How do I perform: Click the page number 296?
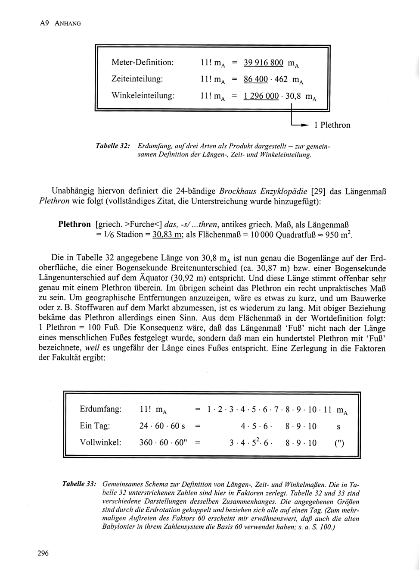click(x=43, y=553)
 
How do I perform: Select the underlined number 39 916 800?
click(x=264, y=63)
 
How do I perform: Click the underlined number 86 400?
click(x=256, y=79)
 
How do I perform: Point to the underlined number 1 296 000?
click(x=261, y=96)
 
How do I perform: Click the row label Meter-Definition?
click(x=143, y=62)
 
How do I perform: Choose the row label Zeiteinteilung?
click(x=137, y=79)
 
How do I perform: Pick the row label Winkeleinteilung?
click(x=143, y=95)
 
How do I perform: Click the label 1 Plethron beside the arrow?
click(x=332, y=125)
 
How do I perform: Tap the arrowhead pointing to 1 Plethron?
click(x=305, y=125)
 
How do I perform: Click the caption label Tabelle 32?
click(x=113, y=146)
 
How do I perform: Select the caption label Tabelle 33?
click(x=79, y=484)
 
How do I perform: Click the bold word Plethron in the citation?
click(x=74, y=224)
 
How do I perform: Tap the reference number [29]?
click(x=318, y=191)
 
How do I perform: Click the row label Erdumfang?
click(x=100, y=409)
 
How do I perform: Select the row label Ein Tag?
click(x=95, y=426)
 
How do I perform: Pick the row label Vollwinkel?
click(x=100, y=442)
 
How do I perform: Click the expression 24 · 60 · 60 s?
click(x=162, y=426)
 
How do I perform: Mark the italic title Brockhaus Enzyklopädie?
click(x=263, y=191)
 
